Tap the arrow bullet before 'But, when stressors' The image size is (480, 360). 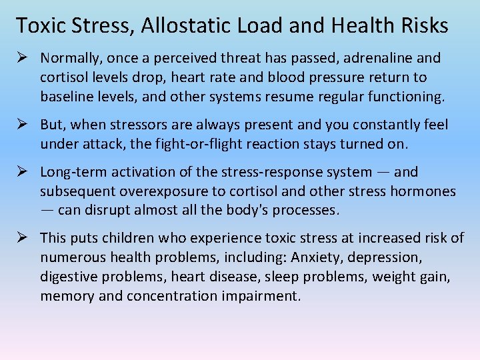click(x=22, y=125)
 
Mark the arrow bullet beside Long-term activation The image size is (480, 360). click(x=22, y=172)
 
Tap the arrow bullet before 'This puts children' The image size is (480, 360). click(x=22, y=238)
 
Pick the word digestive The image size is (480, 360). click(x=70, y=276)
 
